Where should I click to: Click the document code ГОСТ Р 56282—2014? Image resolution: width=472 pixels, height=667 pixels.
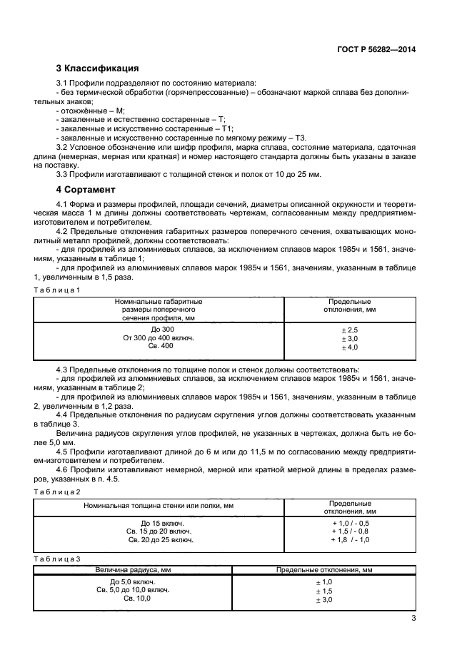(376, 50)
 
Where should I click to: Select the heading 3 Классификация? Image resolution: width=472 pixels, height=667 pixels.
(97, 69)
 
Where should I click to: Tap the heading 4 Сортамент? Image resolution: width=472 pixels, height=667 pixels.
(86, 190)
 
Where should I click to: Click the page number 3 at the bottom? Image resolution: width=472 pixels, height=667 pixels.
(413, 618)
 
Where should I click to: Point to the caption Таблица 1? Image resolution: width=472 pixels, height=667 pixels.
(57, 290)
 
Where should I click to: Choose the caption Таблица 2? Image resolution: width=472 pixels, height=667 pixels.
(57, 492)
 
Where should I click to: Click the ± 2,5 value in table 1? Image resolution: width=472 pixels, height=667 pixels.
(350, 330)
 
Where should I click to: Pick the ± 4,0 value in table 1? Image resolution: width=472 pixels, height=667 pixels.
(350, 347)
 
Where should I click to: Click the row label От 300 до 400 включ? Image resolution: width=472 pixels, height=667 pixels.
(159, 338)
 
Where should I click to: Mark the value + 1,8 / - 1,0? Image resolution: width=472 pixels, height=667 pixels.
(350, 540)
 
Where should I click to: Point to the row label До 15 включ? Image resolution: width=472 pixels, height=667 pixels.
(159, 523)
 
